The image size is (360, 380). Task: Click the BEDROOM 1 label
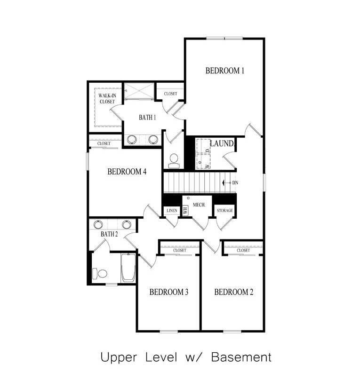(225, 71)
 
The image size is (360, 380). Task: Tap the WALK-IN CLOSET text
(107, 98)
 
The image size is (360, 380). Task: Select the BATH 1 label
(147, 118)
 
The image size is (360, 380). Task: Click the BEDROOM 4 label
(127, 172)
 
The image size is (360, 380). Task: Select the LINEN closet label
(172, 211)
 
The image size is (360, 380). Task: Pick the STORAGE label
(225, 211)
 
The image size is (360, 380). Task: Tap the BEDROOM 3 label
(169, 292)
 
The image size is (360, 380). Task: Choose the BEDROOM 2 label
(233, 292)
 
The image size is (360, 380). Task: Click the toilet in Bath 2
(100, 273)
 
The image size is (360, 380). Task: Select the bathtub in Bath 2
(128, 268)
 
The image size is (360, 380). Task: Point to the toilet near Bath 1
(174, 160)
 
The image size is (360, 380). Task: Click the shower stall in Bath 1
(138, 91)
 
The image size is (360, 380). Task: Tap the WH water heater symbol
(185, 211)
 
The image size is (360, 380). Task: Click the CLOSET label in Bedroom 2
(243, 250)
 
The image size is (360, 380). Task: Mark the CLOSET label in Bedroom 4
(104, 143)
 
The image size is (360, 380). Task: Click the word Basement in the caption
(241, 357)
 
